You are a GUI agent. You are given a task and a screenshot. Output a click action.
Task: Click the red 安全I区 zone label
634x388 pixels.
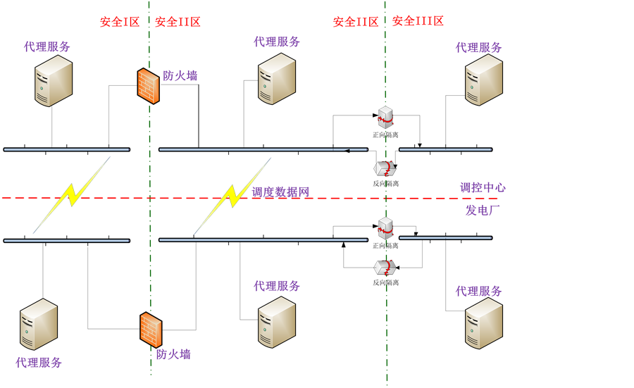[120, 22]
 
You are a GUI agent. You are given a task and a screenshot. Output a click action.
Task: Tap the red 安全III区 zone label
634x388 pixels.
[418, 21]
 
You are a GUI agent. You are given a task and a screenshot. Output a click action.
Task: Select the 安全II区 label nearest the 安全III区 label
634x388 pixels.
[356, 22]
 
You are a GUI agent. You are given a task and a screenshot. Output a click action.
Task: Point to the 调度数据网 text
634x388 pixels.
[280, 192]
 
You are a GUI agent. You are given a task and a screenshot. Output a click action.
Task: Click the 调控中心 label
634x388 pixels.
[483, 187]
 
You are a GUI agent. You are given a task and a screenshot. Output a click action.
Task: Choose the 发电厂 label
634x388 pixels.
[483, 210]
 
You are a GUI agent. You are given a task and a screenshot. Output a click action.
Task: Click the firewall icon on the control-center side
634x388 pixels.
[148, 86]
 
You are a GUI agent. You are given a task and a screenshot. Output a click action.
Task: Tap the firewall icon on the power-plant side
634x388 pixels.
[151, 330]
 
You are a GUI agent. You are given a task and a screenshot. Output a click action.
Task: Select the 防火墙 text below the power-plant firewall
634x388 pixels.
[173, 354]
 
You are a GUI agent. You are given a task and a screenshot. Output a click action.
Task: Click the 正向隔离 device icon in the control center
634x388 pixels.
[386, 117]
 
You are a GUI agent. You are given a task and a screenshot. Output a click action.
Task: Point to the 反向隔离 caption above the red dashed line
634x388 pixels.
[386, 184]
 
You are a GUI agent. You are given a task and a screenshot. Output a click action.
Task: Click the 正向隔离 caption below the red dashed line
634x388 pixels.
[385, 246]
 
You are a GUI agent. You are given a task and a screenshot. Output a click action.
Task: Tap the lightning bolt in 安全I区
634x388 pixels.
[72, 195]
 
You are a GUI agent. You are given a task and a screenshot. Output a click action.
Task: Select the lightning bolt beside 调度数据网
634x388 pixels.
[232, 196]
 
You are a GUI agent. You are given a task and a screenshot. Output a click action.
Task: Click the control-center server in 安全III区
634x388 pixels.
[483, 80]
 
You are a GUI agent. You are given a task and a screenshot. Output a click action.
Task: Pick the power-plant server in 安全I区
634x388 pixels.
[39, 324]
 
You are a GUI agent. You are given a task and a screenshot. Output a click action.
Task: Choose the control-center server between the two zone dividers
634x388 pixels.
[277, 79]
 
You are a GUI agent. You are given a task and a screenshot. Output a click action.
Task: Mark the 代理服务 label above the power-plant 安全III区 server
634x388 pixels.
[479, 291]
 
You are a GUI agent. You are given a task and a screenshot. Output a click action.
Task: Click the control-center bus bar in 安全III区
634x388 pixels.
[446, 149]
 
